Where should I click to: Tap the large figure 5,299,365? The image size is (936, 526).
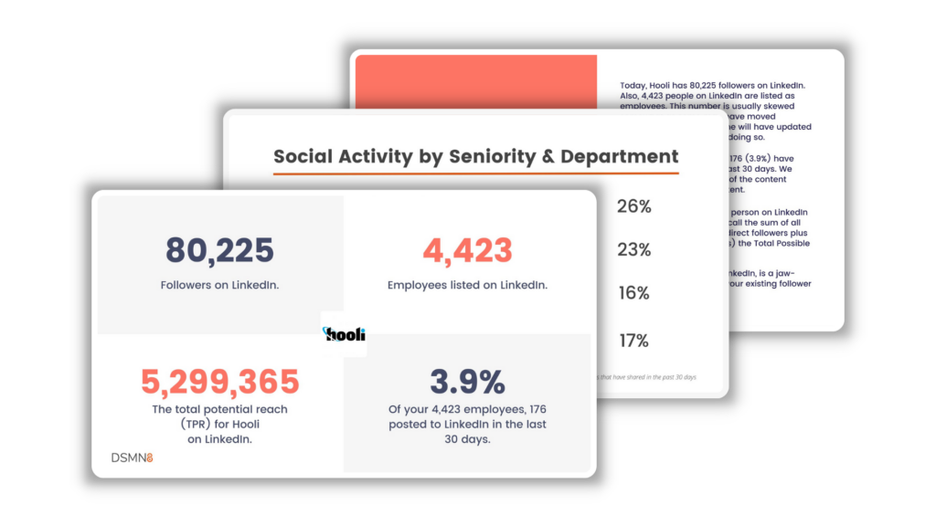pos(219,382)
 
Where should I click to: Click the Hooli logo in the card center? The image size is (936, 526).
pos(345,334)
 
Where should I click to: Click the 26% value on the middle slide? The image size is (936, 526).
pos(633,206)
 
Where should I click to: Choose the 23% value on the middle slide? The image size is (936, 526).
pos(633,249)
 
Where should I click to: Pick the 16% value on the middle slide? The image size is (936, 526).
pos(633,293)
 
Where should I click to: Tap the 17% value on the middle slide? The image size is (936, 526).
pos(633,341)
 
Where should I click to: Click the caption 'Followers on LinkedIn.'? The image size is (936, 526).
pos(219,285)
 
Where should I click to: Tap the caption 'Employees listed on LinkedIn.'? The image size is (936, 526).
pos(467,285)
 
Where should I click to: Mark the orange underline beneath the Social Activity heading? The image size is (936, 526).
pos(475,173)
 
